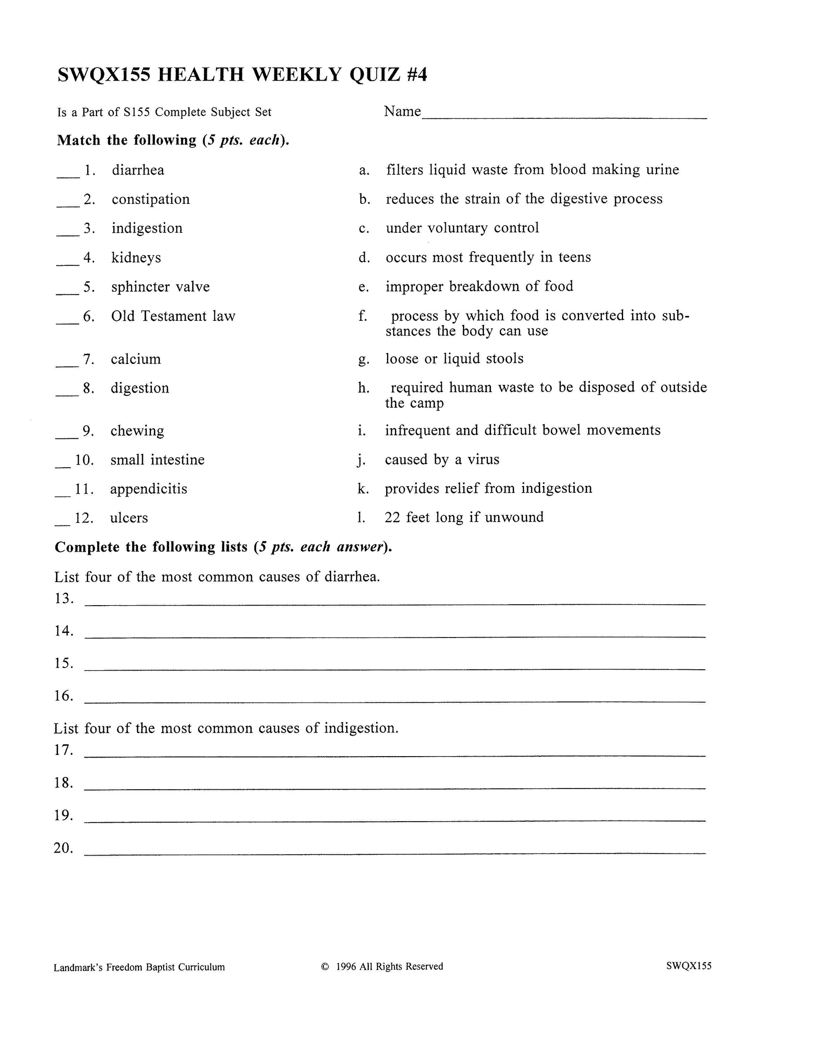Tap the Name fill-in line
[x=564, y=117]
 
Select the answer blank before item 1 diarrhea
[x=68, y=177]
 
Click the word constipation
[x=151, y=199]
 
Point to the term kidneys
[x=136, y=258]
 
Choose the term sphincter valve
[x=161, y=287]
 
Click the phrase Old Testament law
[x=173, y=316]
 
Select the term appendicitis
[x=148, y=489]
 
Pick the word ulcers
[x=129, y=518]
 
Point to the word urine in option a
[x=662, y=170]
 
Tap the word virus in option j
[x=481, y=459]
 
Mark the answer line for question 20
[x=395, y=853]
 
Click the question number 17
[x=63, y=750]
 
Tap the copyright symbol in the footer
[x=325, y=967]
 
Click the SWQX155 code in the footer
[x=689, y=966]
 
